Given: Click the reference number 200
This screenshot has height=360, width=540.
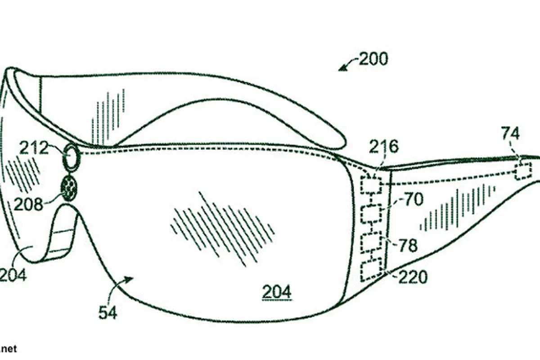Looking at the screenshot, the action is (373, 59).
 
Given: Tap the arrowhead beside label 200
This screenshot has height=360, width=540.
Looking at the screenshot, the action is (342, 68).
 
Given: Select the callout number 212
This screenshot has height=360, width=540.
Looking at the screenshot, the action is (34, 148).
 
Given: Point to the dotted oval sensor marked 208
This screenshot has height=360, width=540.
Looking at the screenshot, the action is (70, 188).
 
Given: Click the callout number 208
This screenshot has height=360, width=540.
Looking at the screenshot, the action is (28, 204).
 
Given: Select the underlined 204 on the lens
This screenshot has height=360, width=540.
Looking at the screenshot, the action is (276, 292).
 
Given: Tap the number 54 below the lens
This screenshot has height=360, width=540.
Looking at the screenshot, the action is (108, 312).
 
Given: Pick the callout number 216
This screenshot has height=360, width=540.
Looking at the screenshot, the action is (384, 146).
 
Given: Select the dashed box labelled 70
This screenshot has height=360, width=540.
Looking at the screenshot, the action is (371, 214).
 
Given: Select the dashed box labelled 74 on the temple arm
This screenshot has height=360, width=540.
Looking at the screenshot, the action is (523, 171).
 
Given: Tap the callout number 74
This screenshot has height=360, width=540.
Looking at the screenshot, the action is (510, 134).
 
